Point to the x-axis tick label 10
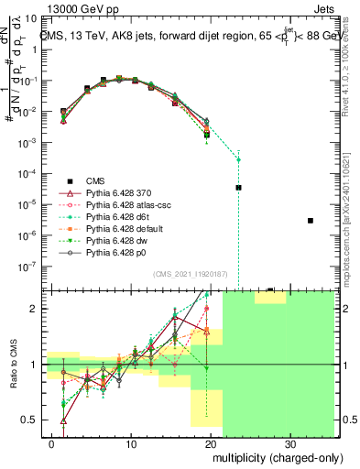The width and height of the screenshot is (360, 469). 133,442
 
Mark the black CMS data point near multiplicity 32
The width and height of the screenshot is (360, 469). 311,221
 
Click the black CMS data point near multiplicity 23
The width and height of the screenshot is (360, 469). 238,187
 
